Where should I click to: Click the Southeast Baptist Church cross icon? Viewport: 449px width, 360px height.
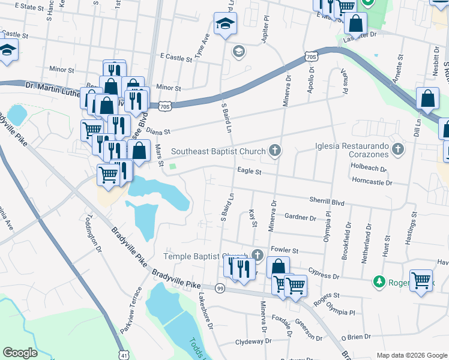[275, 151]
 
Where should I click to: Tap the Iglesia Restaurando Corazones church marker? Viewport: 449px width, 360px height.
[397, 148]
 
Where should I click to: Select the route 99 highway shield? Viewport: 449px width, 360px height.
[220, 289]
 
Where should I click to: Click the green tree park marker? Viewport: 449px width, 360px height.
[379, 281]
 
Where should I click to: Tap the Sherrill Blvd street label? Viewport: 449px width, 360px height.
[327, 202]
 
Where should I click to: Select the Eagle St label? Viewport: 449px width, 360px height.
[249, 172]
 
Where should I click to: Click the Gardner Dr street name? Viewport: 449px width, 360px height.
[300, 217]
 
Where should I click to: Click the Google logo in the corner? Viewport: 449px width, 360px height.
[20, 353]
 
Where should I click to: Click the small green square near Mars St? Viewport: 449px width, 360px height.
[173, 167]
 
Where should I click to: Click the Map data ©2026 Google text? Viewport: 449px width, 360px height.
[412, 355]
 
